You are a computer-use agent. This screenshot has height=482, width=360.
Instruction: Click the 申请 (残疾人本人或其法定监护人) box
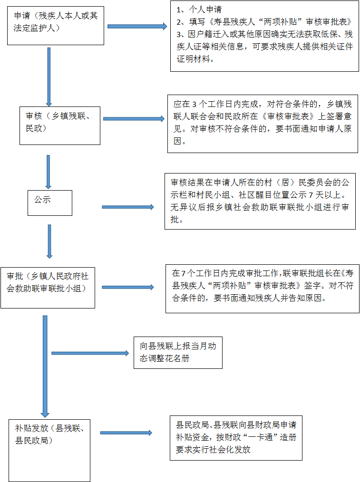56,25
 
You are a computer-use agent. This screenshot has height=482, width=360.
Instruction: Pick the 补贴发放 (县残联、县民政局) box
49,449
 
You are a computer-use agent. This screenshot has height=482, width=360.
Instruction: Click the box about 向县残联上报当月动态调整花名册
177,353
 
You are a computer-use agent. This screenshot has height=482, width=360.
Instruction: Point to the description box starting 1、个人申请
264,37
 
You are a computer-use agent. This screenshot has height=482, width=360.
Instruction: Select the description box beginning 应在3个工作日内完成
263,123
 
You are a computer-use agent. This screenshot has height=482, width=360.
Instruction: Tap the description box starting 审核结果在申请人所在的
260,202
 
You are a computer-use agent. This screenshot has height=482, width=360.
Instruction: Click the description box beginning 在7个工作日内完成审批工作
262,288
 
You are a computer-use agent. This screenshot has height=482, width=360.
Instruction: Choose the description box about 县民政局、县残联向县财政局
236,437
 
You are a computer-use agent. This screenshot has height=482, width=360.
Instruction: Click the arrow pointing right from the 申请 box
137,27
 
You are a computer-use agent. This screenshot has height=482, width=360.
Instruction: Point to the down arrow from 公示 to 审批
49,241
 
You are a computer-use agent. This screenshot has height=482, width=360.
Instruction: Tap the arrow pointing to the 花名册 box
90,353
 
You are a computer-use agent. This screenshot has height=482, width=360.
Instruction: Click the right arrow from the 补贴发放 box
126,433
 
